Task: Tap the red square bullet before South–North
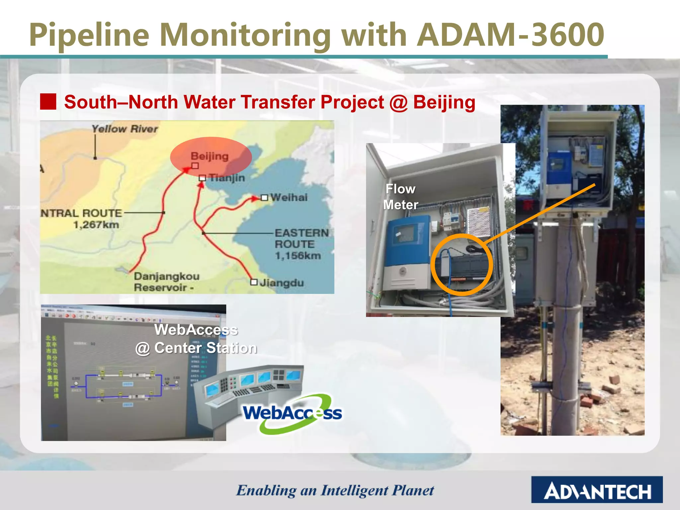pyautogui.click(x=48, y=102)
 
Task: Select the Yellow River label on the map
pyautogui.click(x=125, y=129)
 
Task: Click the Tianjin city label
pyautogui.click(x=227, y=178)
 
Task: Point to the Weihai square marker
pyautogui.click(x=264, y=198)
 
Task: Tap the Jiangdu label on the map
pyautogui.click(x=282, y=283)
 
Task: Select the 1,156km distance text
pyautogui.click(x=298, y=256)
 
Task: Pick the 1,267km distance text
pyautogui.click(x=96, y=225)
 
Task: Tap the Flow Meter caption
pyautogui.click(x=400, y=197)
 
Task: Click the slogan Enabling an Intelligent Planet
pyautogui.click(x=335, y=490)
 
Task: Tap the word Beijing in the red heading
pyautogui.click(x=444, y=102)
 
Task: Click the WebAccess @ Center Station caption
pyautogui.click(x=196, y=339)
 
